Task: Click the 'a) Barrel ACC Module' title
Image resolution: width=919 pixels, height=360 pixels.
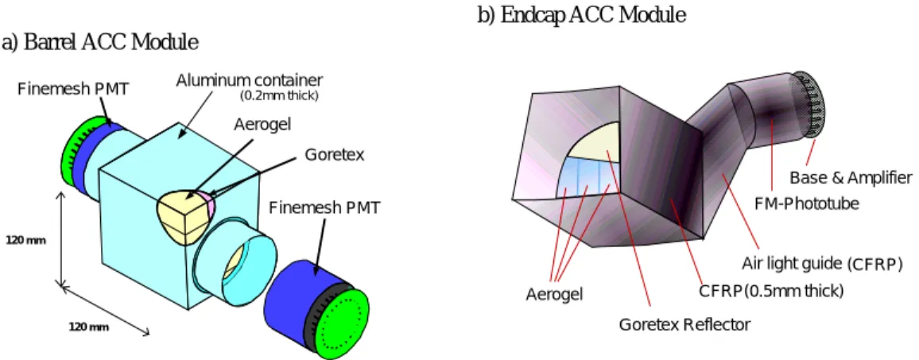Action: tap(99, 43)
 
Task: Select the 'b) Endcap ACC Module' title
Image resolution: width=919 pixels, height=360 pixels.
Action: tap(581, 16)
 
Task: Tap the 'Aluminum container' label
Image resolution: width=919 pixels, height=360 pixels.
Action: tap(250, 79)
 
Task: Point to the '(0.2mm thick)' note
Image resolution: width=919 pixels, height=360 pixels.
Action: tap(280, 95)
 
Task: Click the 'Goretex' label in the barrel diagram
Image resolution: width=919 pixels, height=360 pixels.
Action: tap(335, 155)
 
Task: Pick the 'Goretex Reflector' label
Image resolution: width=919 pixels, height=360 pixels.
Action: tap(685, 324)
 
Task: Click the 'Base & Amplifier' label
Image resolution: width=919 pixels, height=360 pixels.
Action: tap(851, 177)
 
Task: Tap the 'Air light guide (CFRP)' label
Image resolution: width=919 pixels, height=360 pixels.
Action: tap(822, 264)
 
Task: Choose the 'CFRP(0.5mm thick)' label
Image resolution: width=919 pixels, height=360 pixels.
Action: tap(771, 291)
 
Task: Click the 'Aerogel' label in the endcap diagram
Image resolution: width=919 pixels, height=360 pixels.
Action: tap(554, 295)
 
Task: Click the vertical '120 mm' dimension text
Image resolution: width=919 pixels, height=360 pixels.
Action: tap(25, 239)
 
